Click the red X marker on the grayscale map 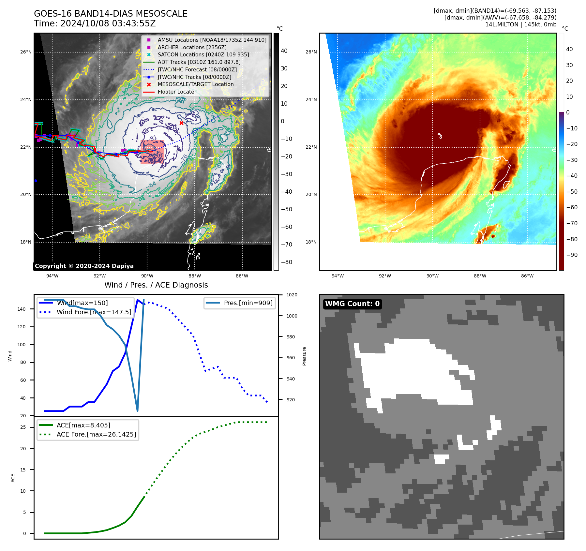click(x=181, y=123)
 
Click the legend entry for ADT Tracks click(x=199, y=62)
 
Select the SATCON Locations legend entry click(x=203, y=54)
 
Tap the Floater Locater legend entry click(x=177, y=92)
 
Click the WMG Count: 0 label click(x=352, y=304)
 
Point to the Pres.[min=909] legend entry click(x=248, y=303)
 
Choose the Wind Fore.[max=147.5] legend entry click(x=94, y=312)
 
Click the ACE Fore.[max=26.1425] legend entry click(x=96, y=434)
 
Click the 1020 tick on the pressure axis click(x=292, y=295)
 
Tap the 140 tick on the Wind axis click(x=22, y=309)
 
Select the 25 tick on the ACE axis click(x=23, y=427)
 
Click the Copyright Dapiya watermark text click(x=84, y=266)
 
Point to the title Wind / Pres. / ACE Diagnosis click(x=156, y=285)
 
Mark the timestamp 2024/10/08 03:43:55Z click(x=108, y=23)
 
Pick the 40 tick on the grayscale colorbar click(x=284, y=51)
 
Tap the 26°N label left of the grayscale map click(x=26, y=52)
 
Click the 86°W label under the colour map click(x=527, y=276)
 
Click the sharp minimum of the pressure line click(x=137, y=411)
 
